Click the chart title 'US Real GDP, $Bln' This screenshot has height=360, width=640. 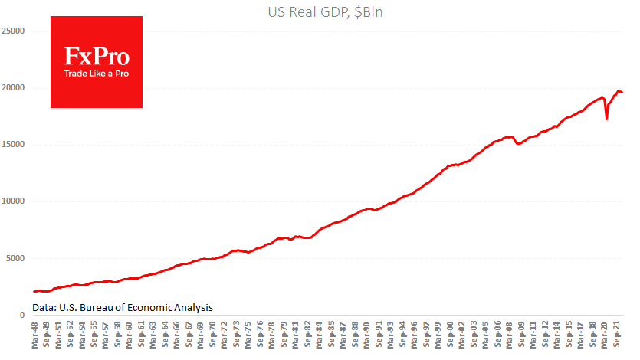click(320, 11)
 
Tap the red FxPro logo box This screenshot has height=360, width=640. click(97, 62)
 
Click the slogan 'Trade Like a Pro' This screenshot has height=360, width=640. click(97, 74)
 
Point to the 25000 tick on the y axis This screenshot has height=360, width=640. click(13, 31)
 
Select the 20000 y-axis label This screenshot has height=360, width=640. click(13, 88)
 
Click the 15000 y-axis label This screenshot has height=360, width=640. click(13, 145)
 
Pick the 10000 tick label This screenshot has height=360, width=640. click(13, 201)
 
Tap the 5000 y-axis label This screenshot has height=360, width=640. click(15, 258)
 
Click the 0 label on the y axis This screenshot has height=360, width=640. click(23, 315)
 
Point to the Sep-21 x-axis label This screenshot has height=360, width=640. click(617, 337)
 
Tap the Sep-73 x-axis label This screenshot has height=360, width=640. click(238, 337)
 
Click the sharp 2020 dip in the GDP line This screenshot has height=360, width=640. click(607, 119)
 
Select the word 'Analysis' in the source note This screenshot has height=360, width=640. click(192, 307)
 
